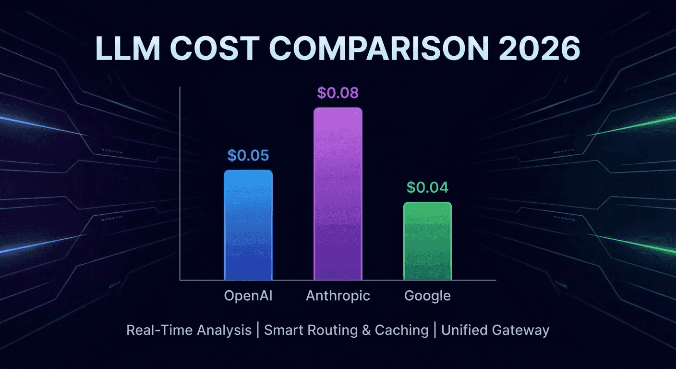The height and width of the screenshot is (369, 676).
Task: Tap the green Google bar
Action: [x=427, y=241]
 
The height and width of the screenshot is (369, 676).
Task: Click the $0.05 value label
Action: [x=248, y=155]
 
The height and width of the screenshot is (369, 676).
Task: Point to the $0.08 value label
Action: [x=338, y=93]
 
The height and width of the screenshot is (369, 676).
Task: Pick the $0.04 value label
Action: [x=427, y=187]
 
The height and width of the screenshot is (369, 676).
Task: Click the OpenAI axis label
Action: [x=248, y=295]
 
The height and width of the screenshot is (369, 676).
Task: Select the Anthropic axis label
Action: [x=338, y=295]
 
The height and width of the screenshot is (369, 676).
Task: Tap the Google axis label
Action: [x=427, y=295]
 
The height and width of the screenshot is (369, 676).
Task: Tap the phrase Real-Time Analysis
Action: [x=189, y=331]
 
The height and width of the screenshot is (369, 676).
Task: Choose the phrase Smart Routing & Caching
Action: [x=346, y=331]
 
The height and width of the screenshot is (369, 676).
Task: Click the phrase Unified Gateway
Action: [x=495, y=331]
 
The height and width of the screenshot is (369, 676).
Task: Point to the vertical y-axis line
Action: [x=180, y=183]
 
